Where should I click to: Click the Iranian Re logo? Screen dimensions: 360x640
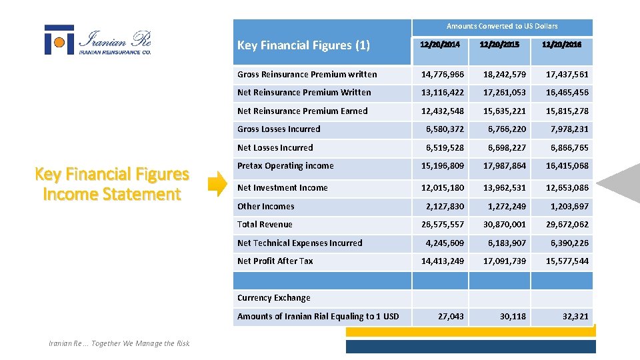coord(97,40)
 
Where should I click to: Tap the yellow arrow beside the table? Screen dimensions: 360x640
coord(217,185)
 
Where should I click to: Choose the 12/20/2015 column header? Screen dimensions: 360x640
coord(504,45)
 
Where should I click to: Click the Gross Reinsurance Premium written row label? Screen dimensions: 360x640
coord(307,75)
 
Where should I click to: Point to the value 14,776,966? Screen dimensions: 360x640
coord(442,75)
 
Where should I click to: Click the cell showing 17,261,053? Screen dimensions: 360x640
coord(504,93)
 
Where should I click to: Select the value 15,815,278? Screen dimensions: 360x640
coord(567,111)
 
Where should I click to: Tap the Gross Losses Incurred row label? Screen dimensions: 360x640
coord(279,129)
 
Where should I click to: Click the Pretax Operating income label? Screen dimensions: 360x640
coord(285,166)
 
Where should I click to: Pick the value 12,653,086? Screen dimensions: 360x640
coord(567,188)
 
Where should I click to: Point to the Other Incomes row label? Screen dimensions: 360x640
coord(265,207)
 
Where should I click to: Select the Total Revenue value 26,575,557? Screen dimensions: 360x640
coord(442,225)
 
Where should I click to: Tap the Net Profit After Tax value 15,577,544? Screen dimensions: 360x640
coord(567,261)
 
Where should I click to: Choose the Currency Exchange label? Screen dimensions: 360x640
coord(273,298)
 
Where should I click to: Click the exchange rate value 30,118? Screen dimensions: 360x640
coord(513,317)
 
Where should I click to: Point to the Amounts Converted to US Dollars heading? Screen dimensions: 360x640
coord(502,27)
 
